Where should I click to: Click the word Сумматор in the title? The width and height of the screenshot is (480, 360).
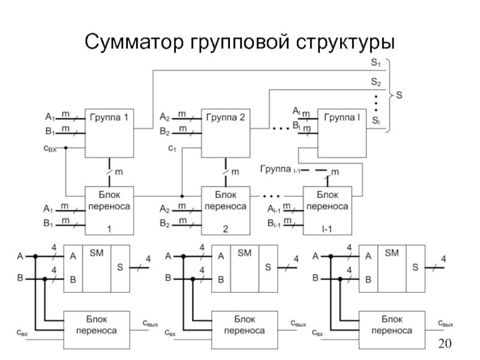pos(133,43)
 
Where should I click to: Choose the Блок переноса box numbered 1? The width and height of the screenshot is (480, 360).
pos(109,211)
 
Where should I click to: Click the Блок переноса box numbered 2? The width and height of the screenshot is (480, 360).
pos(226,211)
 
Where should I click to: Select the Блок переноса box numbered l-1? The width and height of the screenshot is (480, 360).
pos(327,211)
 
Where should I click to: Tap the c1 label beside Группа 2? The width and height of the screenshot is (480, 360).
pos(171,148)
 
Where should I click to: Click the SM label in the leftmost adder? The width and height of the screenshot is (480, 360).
pos(96,254)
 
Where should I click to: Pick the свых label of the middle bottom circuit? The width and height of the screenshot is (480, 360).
pos(302,324)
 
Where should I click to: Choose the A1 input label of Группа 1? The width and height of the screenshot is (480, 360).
pos(50,116)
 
